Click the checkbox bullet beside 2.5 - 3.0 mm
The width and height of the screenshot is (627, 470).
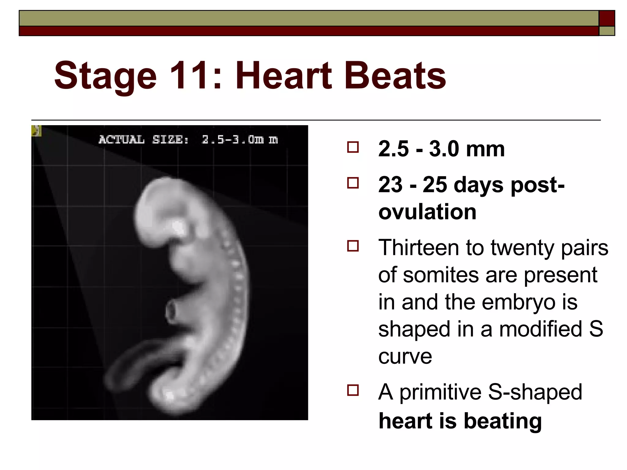(x=353, y=147)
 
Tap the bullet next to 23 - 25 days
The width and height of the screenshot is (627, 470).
(x=353, y=183)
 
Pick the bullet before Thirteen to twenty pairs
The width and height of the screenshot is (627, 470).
(x=353, y=246)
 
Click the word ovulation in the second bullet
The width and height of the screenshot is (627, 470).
(x=427, y=212)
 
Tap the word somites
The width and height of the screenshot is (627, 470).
(x=440, y=275)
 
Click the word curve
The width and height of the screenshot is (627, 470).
(x=405, y=356)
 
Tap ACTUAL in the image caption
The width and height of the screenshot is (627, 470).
(x=121, y=140)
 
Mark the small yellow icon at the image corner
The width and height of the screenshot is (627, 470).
(x=36, y=131)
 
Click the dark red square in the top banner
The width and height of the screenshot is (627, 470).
(x=606, y=18)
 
